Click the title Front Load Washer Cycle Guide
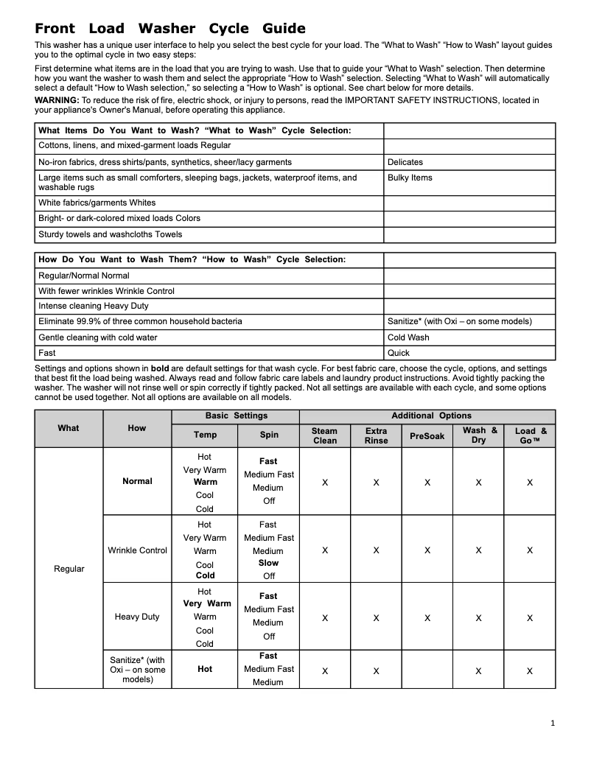[x=170, y=29]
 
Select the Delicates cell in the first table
[x=405, y=162]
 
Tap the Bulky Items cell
[x=410, y=178]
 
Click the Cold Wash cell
[x=408, y=337]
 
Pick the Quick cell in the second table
[x=399, y=353]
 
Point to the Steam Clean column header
[x=325, y=435]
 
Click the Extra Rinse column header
[x=376, y=435]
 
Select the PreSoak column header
[x=427, y=435]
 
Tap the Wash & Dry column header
[x=479, y=435]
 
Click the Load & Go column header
[x=530, y=435]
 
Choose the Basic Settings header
[x=236, y=416]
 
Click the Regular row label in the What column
[x=69, y=569]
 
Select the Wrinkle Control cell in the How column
[x=137, y=550]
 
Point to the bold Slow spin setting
[x=268, y=563]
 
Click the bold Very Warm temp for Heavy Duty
[x=206, y=603]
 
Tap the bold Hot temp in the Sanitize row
[x=205, y=669]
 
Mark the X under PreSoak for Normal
[x=427, y=483]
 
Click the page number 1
[x=553, y=723]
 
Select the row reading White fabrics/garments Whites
[x=97, y=203]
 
